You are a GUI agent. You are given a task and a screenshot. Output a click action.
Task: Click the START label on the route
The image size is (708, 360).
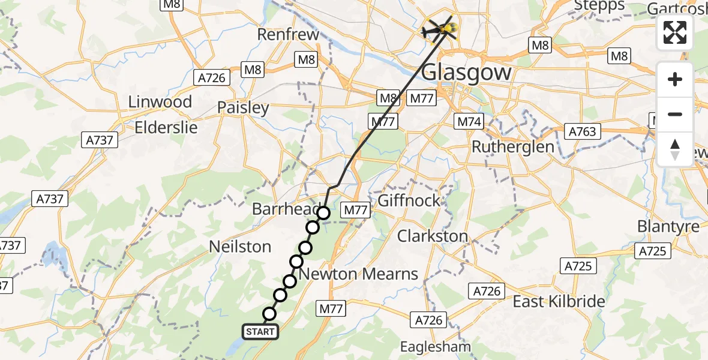tap(260, 331)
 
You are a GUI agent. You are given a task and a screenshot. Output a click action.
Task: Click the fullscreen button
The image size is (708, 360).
tap(675, 32)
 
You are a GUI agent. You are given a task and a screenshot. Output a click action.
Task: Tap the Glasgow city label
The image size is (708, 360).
tap(467, 73)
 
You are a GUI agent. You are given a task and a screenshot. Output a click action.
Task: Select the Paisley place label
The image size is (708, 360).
tap(243, 108)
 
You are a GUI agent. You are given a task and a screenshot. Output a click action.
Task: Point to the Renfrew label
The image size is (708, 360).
tap(288, 35)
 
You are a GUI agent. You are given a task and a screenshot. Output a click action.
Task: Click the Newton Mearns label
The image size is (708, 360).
tap(358, 274)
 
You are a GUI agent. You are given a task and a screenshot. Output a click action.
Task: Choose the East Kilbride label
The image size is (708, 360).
tap(559, 301)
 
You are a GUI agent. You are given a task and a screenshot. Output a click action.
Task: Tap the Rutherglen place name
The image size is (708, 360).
tap(513, 147)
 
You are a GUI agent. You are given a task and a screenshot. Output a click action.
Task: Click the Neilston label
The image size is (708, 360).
tap(240, 247)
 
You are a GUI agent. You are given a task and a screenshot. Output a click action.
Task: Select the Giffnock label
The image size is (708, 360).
tap(409, 200)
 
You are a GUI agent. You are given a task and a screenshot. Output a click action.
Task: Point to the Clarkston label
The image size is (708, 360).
tap(433, 236)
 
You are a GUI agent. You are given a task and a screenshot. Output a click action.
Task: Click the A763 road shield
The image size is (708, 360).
tap(583, 131)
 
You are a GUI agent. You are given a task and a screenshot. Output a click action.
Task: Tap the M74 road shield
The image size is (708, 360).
tap(470, 122)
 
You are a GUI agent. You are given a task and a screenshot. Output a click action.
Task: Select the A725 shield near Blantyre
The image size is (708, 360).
tap(653, 251)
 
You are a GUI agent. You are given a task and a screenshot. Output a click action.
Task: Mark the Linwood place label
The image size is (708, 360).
tap(160, 102)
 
